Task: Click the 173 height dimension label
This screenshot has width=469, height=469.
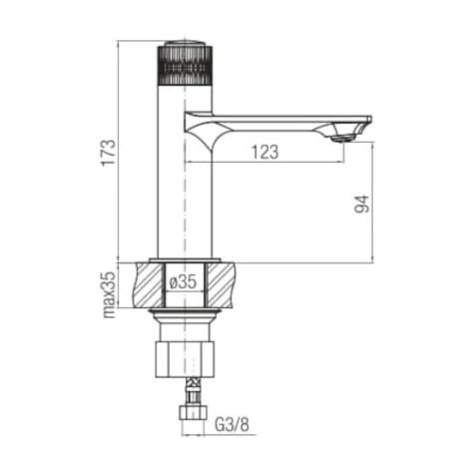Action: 109,153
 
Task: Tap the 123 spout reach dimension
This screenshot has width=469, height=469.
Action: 264,152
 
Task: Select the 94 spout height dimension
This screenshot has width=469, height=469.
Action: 362,204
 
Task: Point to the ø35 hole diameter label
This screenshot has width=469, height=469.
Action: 183,282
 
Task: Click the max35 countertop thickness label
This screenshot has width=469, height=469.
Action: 109,295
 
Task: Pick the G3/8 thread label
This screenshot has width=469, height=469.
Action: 232,424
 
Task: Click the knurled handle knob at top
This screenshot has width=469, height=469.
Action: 185,65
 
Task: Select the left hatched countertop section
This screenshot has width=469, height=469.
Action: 149,284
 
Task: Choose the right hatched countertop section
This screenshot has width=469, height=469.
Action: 221,284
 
